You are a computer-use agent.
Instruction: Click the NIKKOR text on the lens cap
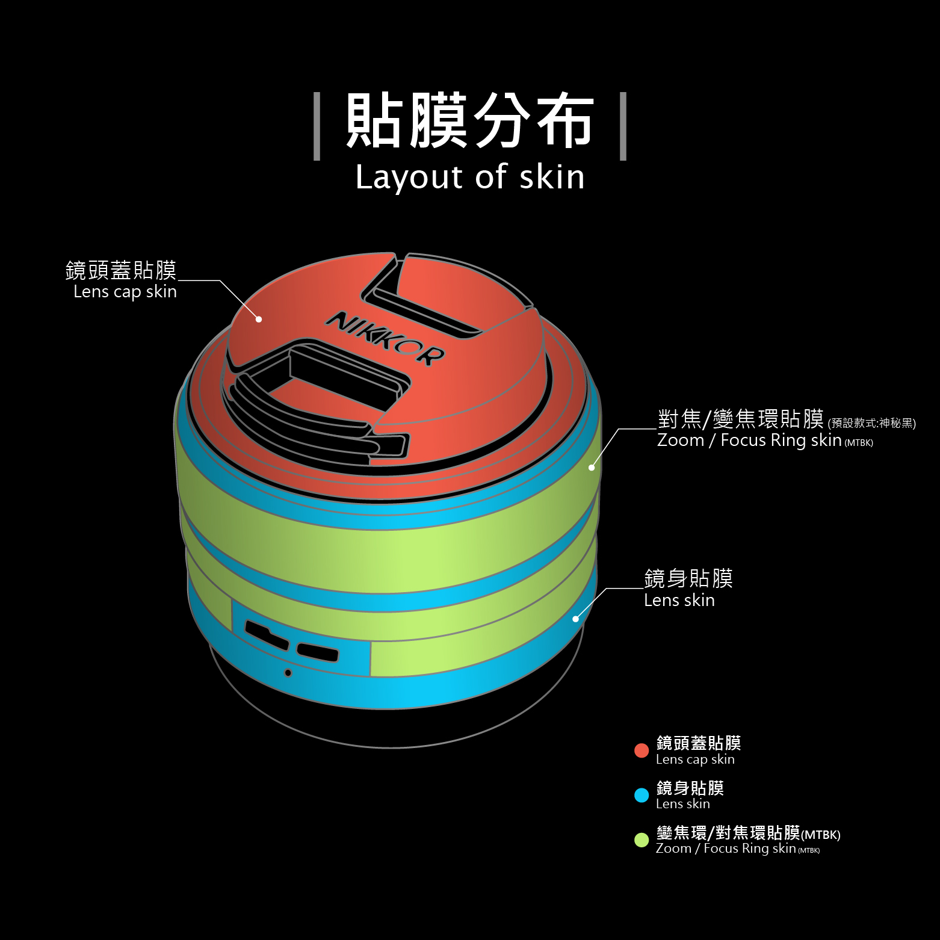385,338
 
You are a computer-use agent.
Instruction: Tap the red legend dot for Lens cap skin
642,750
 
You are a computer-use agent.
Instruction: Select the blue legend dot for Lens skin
642,795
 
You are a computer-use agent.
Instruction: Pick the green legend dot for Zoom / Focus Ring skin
642,840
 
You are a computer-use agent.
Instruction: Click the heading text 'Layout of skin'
470,177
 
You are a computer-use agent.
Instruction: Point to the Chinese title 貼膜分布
470,120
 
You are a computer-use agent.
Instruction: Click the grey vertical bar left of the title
317,126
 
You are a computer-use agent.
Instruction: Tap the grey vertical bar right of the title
623,126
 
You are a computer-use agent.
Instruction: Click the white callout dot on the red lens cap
259,319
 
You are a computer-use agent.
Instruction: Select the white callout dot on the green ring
592,468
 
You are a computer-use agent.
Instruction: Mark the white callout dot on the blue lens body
575,619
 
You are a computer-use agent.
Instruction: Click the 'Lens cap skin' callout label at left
125,292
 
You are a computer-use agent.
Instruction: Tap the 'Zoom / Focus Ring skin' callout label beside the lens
749,441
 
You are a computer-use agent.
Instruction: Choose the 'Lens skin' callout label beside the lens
679,601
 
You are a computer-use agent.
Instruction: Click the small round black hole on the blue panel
288,673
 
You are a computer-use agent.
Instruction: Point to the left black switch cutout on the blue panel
267,635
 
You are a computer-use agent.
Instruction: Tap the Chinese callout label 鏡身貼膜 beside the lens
688,578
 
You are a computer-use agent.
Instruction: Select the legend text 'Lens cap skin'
695,759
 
